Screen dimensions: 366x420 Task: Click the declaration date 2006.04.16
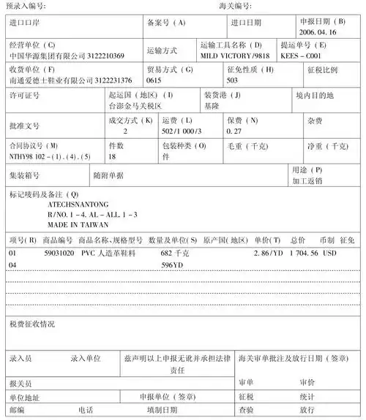click(318, 33)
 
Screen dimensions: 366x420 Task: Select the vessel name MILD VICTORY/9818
click(235, 56)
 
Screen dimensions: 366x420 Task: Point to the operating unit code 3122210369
click(105, 56)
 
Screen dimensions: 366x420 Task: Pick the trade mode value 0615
click(154, 80)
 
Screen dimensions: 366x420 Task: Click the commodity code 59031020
click(59, 253)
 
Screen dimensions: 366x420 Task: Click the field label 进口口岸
click(26, 23)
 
